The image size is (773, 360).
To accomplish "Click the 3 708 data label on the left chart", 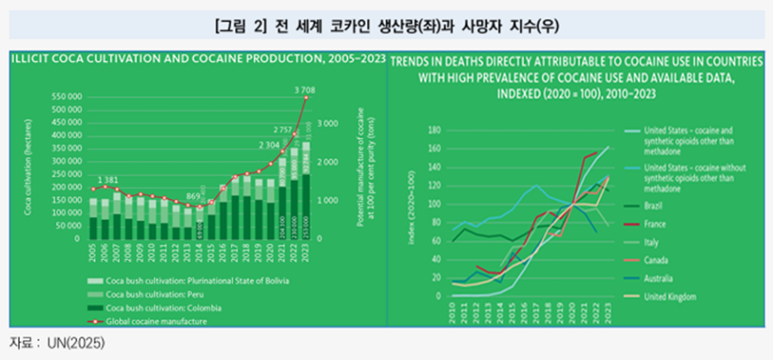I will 305,89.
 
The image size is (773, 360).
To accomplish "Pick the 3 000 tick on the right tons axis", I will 326,124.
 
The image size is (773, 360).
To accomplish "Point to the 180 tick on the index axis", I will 433,131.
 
